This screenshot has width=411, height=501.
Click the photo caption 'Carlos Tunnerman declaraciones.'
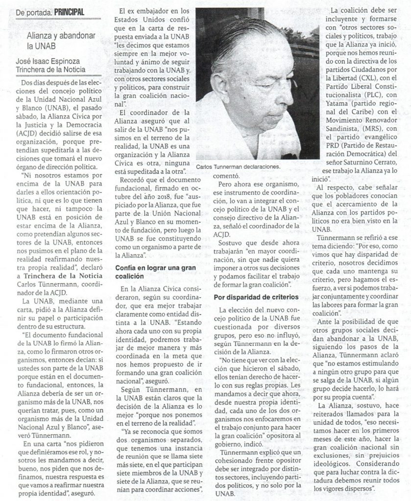pyautogui.click(x=239, y=167)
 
